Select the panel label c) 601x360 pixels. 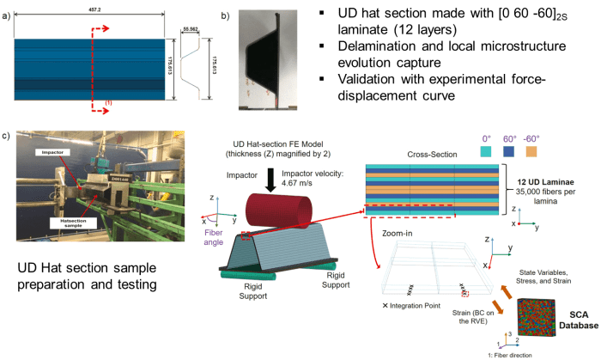point(7,136)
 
